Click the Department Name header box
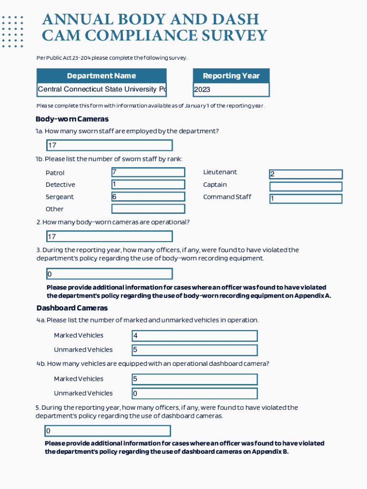(x=102, y=76)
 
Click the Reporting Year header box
(x=231, y=76)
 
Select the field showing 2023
(x=231, y=90)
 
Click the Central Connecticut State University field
(x=102, y=90)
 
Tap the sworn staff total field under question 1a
(x=109, y=145)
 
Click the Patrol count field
(x=148, y=172)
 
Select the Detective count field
(x=148, y=184)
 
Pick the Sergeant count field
(x=148, y=197)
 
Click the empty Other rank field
(x=148, y=209)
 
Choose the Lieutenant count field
(x=306, y=174)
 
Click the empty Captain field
(x=306, y=187)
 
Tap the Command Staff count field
(x=306, y=199)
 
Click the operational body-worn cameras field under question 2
(x=109, y=236)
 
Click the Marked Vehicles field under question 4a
(x=194, y=336)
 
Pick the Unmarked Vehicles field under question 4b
(x=194, y=393)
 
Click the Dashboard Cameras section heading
(x=72, y=308)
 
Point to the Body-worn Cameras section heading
(x=72, y=119)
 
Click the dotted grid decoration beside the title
(x=12, y=32)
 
